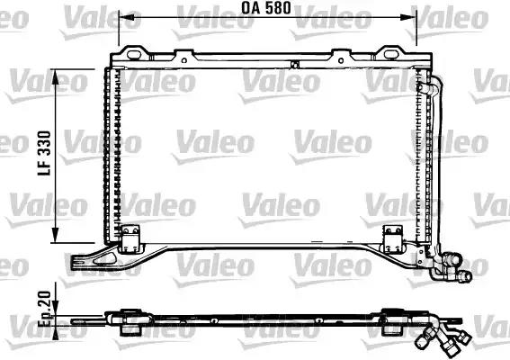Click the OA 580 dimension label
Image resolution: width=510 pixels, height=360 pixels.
coord(265,8)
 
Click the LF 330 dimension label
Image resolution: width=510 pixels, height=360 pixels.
coord(44,153)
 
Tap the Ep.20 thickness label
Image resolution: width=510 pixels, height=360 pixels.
coord(45,309)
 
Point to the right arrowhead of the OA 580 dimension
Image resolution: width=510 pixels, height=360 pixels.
coord(409,18)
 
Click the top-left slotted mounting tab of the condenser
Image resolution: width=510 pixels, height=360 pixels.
coord(134,54)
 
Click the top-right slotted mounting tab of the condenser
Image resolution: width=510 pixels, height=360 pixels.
coord(390,53)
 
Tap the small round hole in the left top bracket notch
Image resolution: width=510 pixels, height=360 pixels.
coord(184,60)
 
